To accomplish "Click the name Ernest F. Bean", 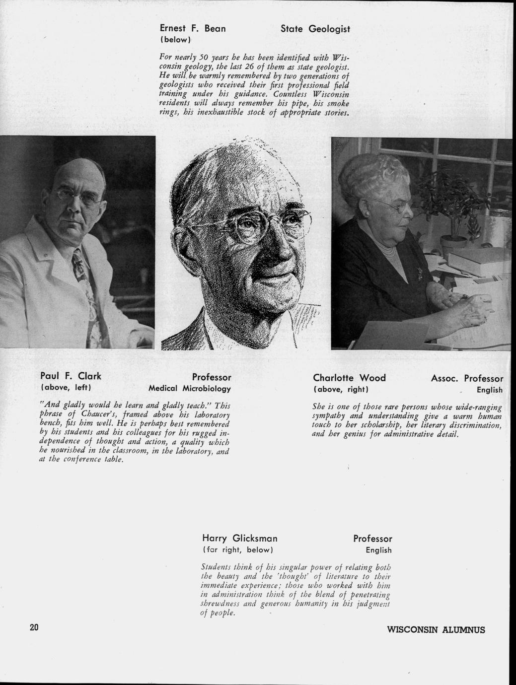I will pyautogui.click(x=192, y=29).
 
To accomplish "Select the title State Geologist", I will pyautogui.click(x=315, y=29).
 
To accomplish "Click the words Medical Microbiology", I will pyautogui.click(x=190, y=388).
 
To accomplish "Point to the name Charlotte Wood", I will pyautogui.click(x=349, y=378).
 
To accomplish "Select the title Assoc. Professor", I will pyautogui.click(x=467, y=378).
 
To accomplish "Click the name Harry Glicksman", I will pyautogui.click(x=240, y=539).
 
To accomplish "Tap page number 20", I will pyautogui.click(x=34, y=627).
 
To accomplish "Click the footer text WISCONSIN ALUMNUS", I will pyautogui.click(x=436, y=630).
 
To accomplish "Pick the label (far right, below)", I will pyautogui.click(x=238, y=550).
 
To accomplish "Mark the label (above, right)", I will pyautogui.click(x=340, y=389).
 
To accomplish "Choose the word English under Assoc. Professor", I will pyautogui.click(x=490, y=390).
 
